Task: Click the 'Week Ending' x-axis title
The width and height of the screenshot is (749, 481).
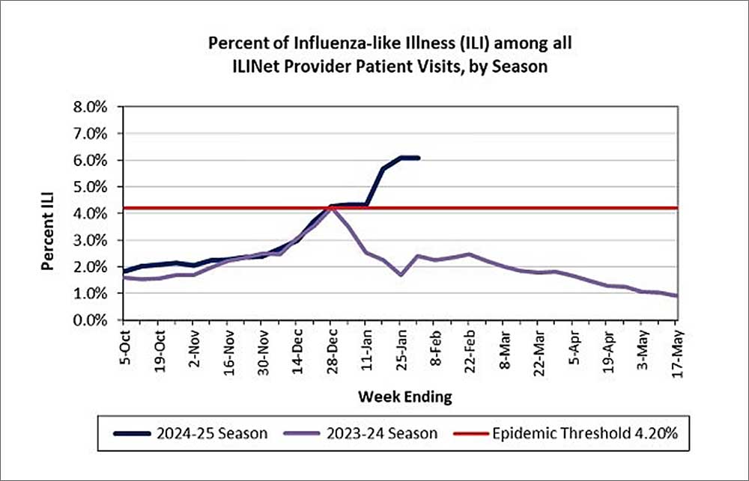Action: (x=404, y=396)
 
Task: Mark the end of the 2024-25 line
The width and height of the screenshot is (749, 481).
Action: (x=418, y=158)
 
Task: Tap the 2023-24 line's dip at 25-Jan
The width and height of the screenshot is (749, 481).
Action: (x=401, y=275)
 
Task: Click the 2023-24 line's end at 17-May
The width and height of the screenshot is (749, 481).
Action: (x=677, y=296)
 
